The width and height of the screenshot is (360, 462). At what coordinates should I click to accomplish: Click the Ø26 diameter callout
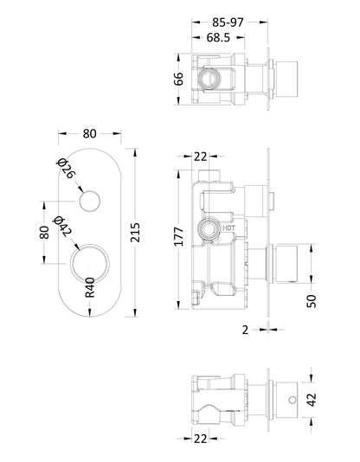[66, 170]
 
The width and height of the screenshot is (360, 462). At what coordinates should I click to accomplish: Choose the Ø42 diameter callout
[61, 227]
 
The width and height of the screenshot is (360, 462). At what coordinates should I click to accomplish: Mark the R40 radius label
[89, 286]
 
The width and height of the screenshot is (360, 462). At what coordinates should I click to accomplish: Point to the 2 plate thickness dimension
[246, 329]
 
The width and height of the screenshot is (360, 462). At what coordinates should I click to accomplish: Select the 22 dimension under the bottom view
[199, 440]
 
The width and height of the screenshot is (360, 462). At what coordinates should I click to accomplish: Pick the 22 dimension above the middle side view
[201, 156]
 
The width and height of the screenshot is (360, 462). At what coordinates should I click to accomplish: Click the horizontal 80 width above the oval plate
[90, 134]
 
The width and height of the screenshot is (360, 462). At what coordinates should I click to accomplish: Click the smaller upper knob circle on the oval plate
[88, 203]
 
